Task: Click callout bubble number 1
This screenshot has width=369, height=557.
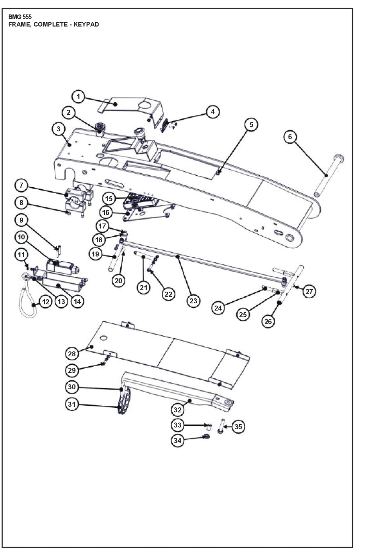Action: (78, 97)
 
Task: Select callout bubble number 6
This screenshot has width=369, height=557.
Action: (290, 137)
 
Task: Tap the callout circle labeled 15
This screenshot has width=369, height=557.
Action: (109, 199)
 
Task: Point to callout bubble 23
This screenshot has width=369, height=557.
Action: (193, 301)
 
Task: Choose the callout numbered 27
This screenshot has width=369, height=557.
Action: (309, 292)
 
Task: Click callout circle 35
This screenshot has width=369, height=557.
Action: (238, 427)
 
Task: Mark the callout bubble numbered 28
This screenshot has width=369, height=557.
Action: (72, 354)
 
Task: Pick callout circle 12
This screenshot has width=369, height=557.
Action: (46, 302)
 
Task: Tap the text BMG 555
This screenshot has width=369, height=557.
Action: (20, 17)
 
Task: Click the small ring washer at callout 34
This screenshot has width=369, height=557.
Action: (206, 436)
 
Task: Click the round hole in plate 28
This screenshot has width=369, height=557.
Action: (103, 338)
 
